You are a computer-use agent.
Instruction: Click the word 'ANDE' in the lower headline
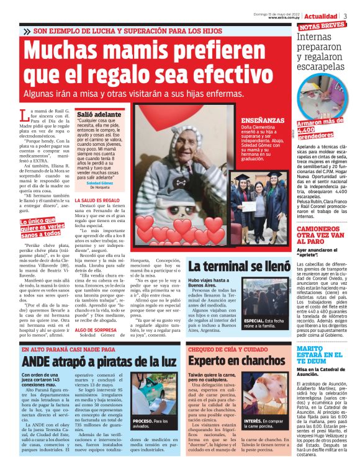coord(42,361)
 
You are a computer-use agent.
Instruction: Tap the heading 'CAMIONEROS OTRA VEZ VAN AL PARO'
coord(321,233)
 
